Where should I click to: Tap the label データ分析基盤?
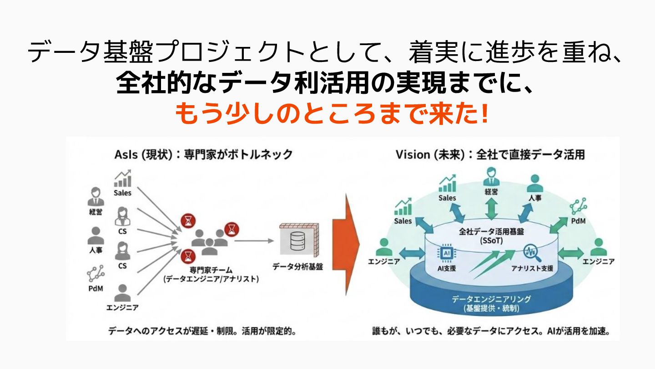point(297,266)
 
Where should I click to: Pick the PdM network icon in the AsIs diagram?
point(96,273)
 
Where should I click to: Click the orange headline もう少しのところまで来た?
point(331,113)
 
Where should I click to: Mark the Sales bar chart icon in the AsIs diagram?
point(122,179)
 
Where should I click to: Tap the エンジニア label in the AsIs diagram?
point(122,307)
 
